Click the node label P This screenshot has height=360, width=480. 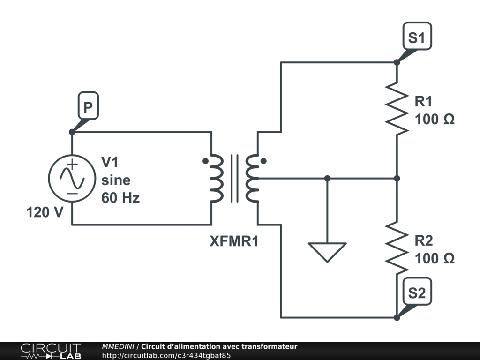(x=88, y=105)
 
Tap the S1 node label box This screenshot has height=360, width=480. (x=417, y=36)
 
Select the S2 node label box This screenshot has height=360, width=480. (x=417, y=292)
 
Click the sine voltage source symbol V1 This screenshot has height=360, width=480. (x=72, y=179)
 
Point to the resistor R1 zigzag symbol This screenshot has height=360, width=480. (x=397, y=108)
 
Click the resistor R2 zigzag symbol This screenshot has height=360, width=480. (x=397, y=248)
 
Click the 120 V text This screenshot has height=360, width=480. (x=45, y=212)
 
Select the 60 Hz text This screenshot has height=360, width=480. (x=120, y=198)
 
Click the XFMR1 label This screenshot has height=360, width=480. (x=234, y=241)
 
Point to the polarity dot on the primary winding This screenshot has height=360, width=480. (x=205, y=161)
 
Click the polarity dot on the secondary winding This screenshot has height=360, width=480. (x=263, y=161)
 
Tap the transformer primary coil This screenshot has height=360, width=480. (x=217, y=178)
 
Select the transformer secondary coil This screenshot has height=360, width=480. (x=252, y=178)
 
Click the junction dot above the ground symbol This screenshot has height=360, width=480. (x=327, y=178)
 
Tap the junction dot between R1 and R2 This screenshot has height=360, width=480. (x=397, y=178)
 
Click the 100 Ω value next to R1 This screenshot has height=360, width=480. (x=435, y=119)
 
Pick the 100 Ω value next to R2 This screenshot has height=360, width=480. (x=435, y=258)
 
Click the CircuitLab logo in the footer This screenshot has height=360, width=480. (x=51, y=351)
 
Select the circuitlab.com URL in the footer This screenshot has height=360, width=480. (x=166, y=355)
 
